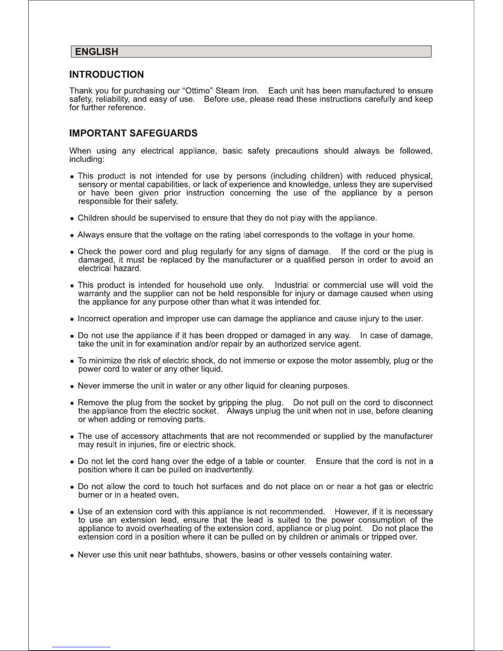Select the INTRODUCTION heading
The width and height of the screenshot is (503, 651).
(x=107, y=75)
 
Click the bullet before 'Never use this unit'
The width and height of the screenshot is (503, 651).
(x=72, y=555)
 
